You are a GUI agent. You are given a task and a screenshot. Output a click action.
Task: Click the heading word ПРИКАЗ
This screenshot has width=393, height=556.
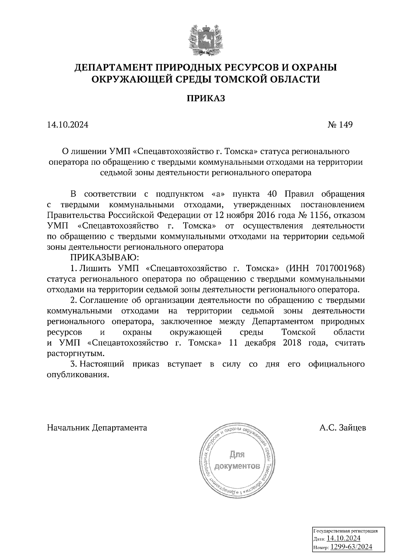tap(206, 98)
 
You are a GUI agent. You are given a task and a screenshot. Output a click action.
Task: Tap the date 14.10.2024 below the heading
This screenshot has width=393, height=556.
tap(68, 125)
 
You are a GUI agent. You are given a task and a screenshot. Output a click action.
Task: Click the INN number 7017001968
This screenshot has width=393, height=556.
tap(340, 269)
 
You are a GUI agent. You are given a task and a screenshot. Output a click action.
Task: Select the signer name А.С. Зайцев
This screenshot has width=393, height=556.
tap(343, 428)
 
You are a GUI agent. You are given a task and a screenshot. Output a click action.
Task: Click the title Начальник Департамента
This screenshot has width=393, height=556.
tap(97, 428)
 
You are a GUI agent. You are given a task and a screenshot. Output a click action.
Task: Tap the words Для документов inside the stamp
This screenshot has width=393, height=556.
tap(237, 460)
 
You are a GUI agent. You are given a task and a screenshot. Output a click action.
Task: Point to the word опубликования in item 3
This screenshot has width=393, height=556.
tap(78, 375)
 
